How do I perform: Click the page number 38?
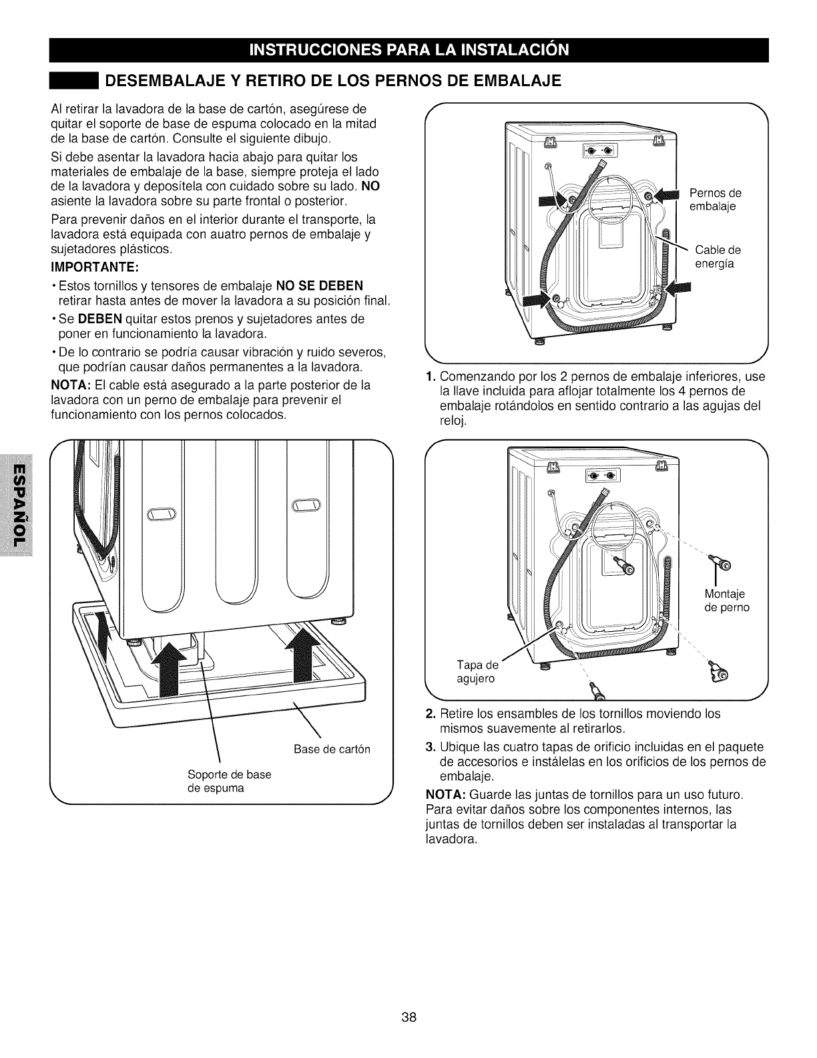coord(409,1018)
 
